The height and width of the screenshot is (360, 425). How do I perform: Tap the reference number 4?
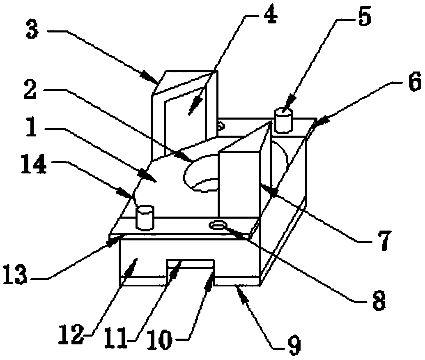pyautogui.click(x=270, y=15)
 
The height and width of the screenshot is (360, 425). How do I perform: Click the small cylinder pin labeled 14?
pyautogui.click(x=145, y=217)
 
